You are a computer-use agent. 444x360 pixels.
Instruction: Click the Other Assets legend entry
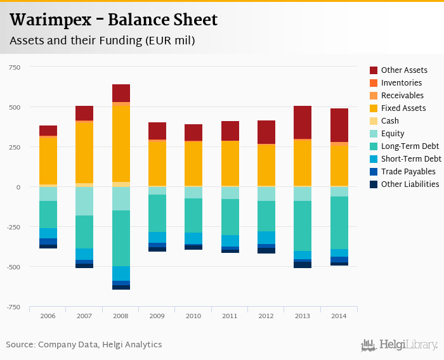404,70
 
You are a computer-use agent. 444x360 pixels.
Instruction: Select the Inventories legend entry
402,83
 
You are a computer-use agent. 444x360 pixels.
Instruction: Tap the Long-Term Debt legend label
410,146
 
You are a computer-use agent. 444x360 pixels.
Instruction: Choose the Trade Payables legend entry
408,172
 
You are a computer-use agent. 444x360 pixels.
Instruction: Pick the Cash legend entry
390,121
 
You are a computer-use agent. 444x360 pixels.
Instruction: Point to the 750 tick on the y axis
15,67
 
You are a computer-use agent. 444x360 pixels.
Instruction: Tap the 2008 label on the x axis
121,316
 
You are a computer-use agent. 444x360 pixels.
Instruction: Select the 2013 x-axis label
303,316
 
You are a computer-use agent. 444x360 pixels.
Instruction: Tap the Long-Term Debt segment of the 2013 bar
303,226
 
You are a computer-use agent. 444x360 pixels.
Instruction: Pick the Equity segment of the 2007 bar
84,201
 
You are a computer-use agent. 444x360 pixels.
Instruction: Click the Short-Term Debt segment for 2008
121,273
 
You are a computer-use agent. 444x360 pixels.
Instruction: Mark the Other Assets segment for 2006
48,131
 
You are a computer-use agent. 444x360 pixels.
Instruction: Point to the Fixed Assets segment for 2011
230,163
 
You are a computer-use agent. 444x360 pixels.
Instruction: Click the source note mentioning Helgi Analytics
84,345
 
